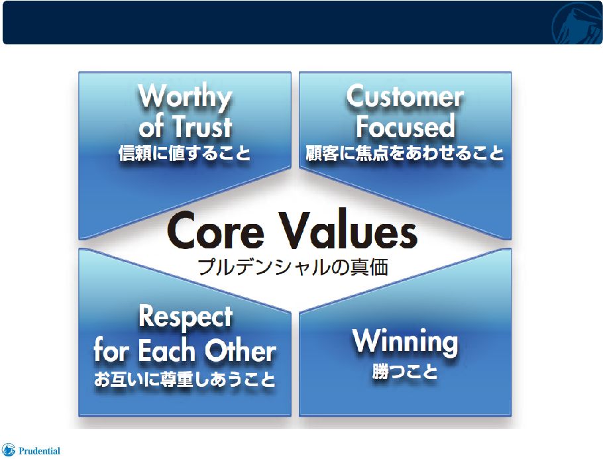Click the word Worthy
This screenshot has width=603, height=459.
pyautogui.click(x=185, y=97)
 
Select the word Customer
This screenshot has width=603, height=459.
pyautogui.click(x=405, y=96)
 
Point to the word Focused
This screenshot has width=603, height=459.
pyautogui.click(x=406, y=127)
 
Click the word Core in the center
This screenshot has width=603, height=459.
pyautogui.click(x=216, y=230)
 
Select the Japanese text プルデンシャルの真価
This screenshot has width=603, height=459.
pyautogui.click(x=293, y=267)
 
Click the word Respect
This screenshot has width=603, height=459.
pyautogui.click(x=186, y=317)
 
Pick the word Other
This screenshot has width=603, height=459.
pyautogui.click(x=241, y=350)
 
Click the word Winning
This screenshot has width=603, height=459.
pyautogui.click(x=406, y=341)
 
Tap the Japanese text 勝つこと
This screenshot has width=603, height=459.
pyautogui.click(x=405, y=372)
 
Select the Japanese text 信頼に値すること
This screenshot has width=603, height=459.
pyautogui.click(x=185, y=153)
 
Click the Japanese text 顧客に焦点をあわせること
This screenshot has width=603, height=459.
pyautogui.click(x=405, y=153)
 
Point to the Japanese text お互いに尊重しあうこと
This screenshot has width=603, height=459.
pyautogui.click(x=185, y=380)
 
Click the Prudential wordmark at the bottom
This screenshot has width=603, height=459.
pyautogui.click(x=40, y=451)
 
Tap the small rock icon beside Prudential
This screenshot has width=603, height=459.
pyautogui.click(x=9, y=450)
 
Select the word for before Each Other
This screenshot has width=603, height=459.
pyautogui.click(x=112, y=350)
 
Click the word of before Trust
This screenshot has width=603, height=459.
pyautogui.click(x=151, y=127)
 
